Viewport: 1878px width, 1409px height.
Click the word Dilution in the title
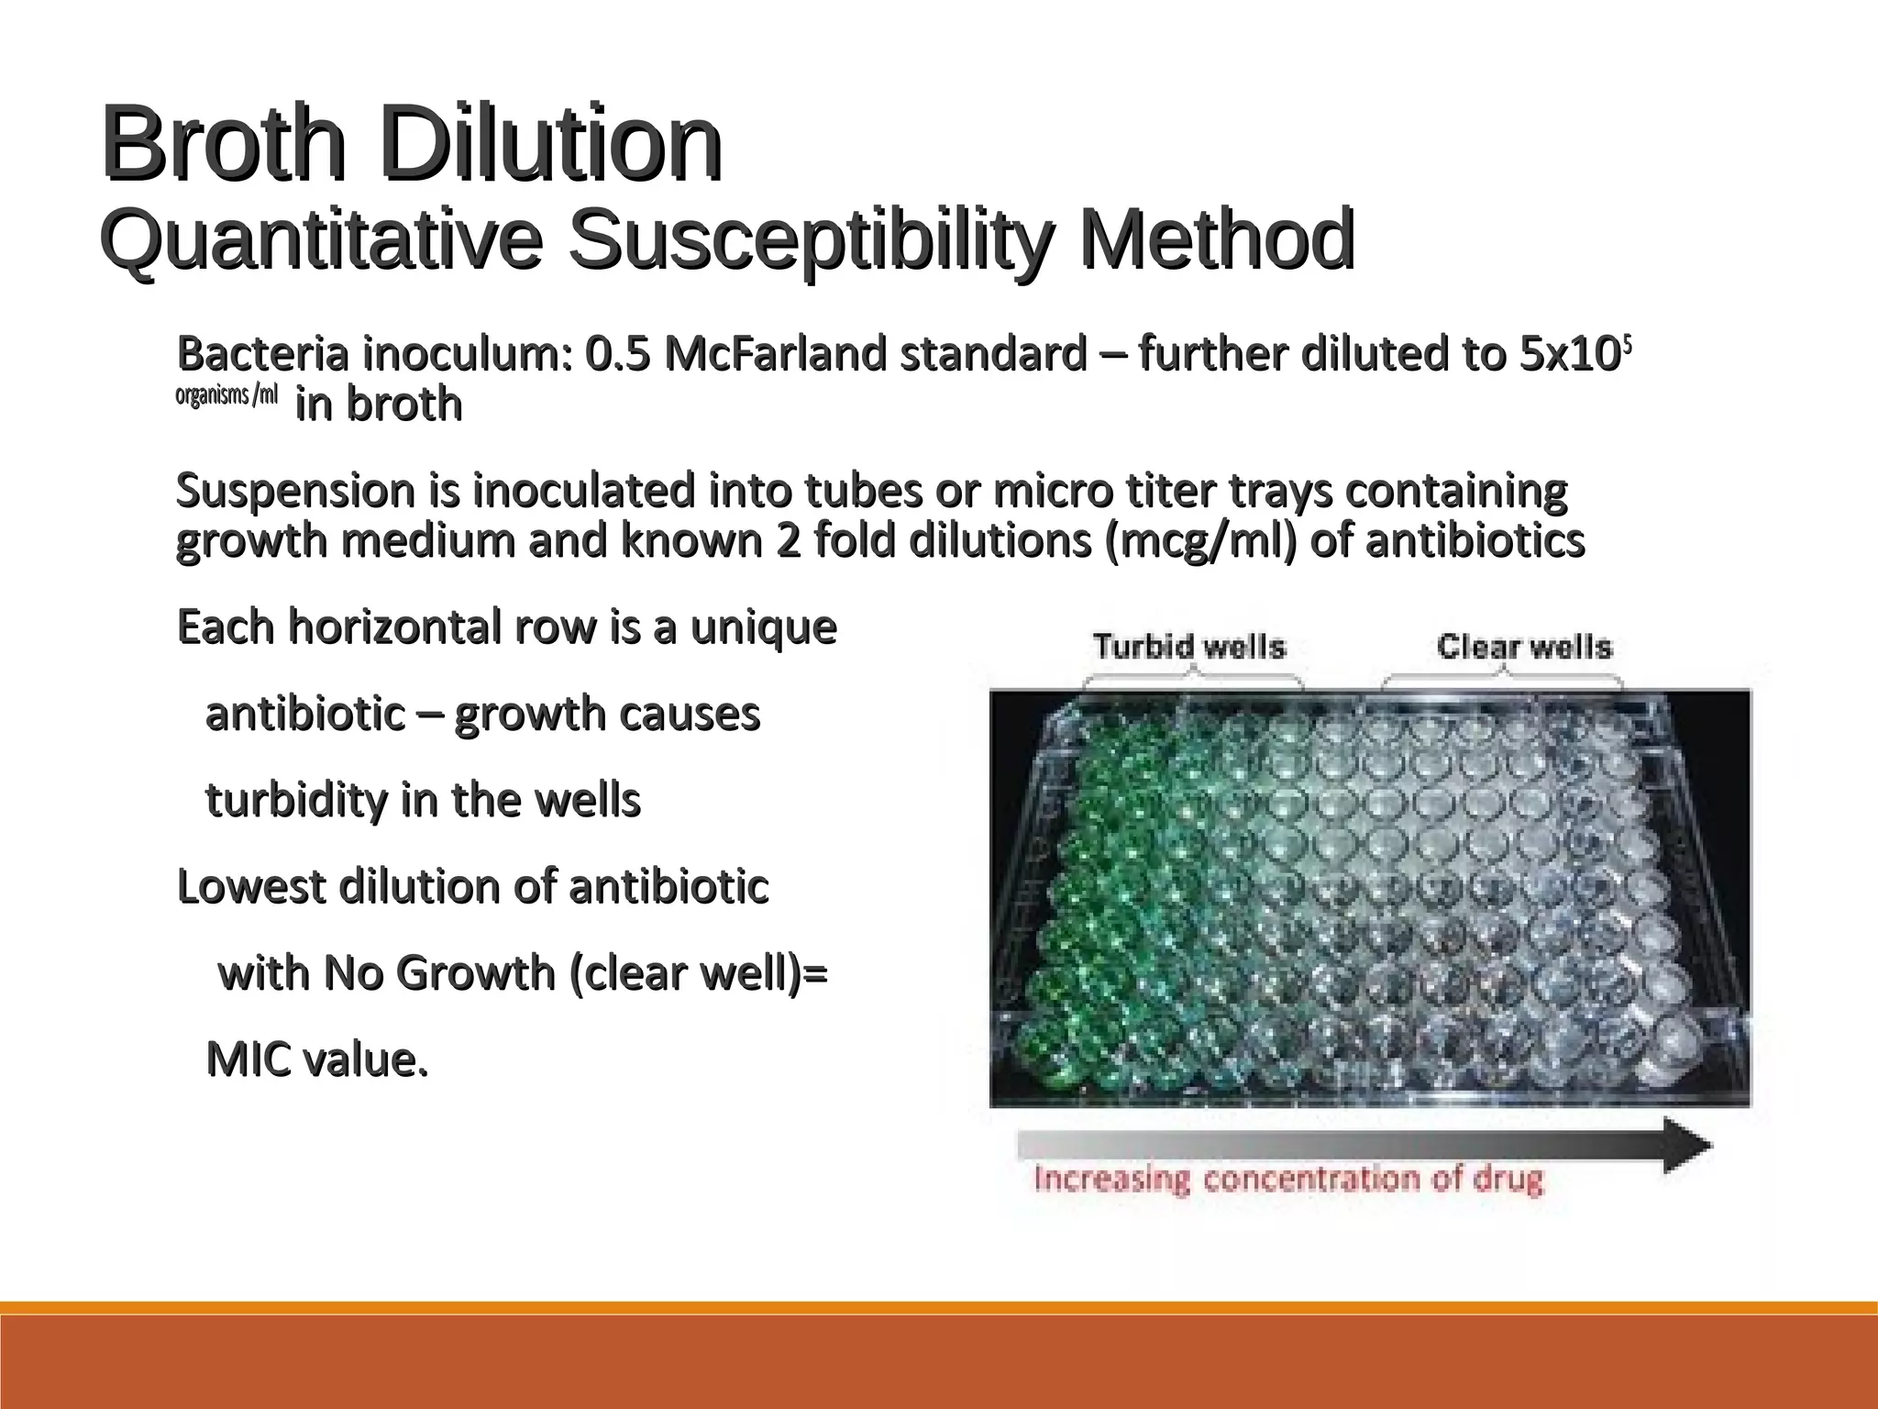click(551, 145)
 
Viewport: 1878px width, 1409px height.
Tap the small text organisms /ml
click(226, 396)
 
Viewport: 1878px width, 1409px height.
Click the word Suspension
click(295, 491)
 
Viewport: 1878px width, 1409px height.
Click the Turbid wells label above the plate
click(1189, 647)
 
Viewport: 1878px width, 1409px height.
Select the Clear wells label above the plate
click(1524, 647)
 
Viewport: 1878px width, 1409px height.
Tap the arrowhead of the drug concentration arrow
click(1687, 1145)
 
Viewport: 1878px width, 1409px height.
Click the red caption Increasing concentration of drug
click(1288, 1179)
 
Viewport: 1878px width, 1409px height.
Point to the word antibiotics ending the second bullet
click(1475, 540)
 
